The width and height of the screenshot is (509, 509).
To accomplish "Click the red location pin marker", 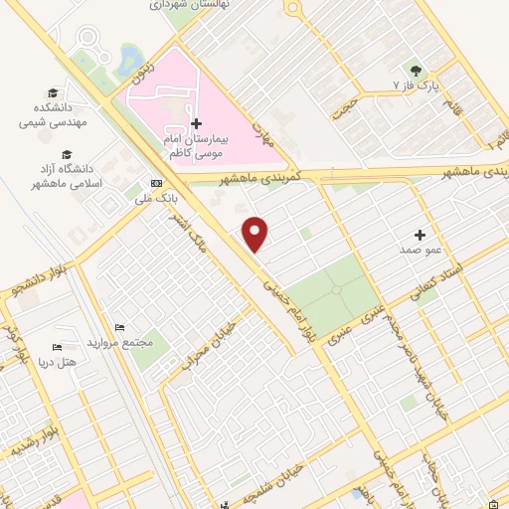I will [x=256, y=233].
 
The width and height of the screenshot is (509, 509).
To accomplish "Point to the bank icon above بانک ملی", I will [x=156, y=183].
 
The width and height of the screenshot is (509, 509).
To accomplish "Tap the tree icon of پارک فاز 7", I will [x=415, y=70].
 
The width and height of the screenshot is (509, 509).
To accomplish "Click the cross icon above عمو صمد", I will [x=421, y=236].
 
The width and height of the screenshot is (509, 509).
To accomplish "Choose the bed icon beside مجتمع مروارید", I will [x=119, y=328].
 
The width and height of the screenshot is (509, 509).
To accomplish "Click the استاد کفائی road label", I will [x=437, y=279].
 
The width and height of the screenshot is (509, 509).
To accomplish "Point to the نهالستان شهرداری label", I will [x=188, y=5].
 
